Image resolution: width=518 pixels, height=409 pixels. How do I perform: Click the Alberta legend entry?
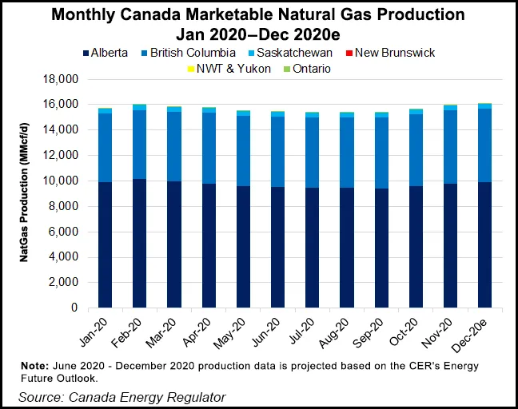103,53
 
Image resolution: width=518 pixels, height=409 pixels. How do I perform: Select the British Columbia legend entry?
189,53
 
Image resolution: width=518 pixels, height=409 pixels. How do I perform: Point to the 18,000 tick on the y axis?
61,80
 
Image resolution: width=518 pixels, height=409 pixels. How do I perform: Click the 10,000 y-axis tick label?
61,181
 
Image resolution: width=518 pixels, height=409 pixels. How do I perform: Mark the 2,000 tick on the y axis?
64,283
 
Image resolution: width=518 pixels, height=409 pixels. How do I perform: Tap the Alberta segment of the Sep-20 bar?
381,248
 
